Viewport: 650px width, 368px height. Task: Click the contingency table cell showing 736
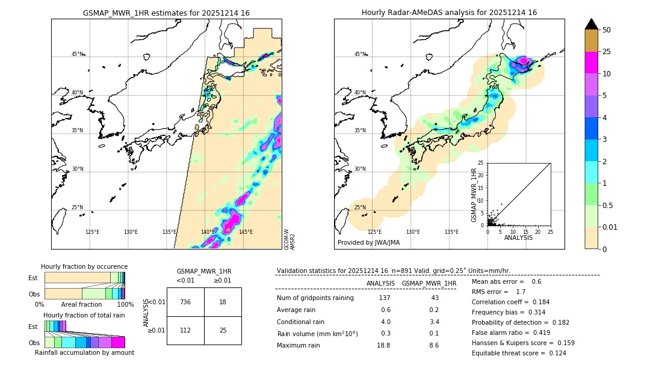point(185,302)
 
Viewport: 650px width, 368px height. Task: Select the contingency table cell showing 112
point(185,330)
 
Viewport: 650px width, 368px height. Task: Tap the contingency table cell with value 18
point(223,302)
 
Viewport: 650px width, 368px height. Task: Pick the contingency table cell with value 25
point(223,330)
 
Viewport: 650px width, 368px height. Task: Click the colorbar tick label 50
point(607,30)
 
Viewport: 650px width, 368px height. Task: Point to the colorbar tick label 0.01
point(610,227)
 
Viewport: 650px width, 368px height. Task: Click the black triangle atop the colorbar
point(592,24)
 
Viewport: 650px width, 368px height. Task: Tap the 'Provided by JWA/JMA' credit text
point(368,242)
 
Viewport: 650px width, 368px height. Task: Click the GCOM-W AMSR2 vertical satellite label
point(289,239)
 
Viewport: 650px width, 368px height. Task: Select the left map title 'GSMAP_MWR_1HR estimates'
point(166,13)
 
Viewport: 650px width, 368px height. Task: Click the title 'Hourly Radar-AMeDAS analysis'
point(449,13)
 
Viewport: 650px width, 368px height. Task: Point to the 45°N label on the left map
point(77,54)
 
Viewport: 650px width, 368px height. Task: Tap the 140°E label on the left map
point(208,232)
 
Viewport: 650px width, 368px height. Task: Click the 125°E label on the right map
point(374,232)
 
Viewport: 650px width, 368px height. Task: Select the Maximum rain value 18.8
point(384,345)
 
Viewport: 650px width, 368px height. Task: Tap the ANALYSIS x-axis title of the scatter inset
point(518,238)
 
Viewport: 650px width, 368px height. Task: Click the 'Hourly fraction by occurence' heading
point(84,266)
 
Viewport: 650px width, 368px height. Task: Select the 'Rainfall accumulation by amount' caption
point(84,352)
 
